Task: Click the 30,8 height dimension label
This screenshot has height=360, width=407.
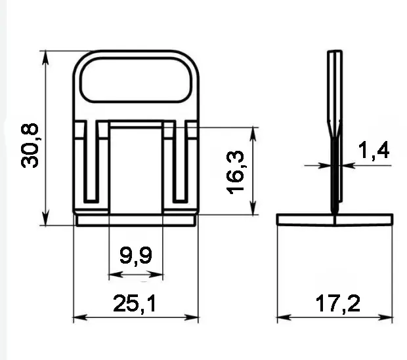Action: click(30, 146)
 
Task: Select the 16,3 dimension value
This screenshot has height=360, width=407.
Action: click(236, 172)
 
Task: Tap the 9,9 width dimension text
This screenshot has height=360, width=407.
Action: click(136, 256)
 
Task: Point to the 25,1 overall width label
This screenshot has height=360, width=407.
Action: click(135, 304)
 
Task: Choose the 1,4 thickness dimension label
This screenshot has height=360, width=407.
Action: click(374, 151)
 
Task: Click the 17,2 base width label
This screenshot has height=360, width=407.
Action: click(338, 304)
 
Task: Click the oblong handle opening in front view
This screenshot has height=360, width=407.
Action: click(136, 80)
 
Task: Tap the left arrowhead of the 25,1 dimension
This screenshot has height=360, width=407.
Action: click(80, 317)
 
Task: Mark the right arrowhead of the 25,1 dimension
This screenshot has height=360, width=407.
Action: click(192, 317)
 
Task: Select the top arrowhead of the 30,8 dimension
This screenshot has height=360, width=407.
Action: click(45, 58)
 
